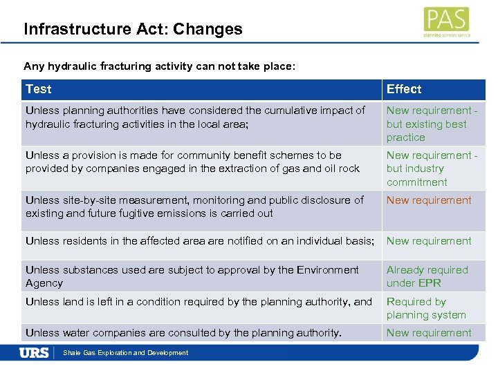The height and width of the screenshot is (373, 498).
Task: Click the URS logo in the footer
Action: [34, 353]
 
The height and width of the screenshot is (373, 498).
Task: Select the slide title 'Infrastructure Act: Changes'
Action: [133, 29]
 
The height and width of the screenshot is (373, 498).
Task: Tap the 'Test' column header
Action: [39, 89]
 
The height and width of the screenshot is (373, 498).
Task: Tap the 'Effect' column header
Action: [404, 89]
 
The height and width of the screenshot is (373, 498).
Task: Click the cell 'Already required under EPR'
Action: [427, 276]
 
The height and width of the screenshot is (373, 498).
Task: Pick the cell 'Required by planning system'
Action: [426, 308]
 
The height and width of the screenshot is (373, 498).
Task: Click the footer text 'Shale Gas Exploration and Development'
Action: [125, 353]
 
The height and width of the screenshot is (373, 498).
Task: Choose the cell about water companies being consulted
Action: [183, 333]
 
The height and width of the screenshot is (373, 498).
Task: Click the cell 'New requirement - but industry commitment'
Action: [432, 169]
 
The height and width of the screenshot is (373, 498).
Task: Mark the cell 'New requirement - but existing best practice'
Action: [432, 124]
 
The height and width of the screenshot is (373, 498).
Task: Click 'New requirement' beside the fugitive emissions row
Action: [429, 200]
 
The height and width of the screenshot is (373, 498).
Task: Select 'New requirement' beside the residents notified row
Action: [429, 241]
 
